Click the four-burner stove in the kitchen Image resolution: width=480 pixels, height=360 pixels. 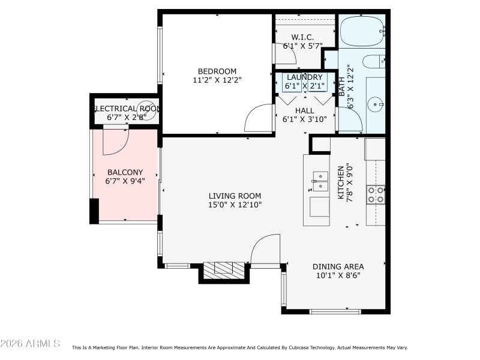pos(376,194)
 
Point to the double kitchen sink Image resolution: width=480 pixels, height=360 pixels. pos(320,181)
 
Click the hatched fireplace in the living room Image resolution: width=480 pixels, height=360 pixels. pos(224,271)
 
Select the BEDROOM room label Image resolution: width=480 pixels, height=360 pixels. pos(217,71)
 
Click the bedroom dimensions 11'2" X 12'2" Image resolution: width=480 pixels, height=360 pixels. pos(217,79)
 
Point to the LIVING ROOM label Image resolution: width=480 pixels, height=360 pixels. pos(235,196)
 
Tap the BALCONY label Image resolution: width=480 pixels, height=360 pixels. pos(124,172)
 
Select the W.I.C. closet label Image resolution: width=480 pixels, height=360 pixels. pos(303,37)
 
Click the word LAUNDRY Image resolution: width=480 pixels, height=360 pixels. pos(304,77)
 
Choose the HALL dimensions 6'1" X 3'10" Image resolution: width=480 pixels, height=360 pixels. pos(304,119)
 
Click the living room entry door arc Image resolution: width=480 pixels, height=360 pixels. pos(264,247)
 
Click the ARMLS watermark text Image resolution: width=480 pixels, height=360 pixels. pos(30,343)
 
